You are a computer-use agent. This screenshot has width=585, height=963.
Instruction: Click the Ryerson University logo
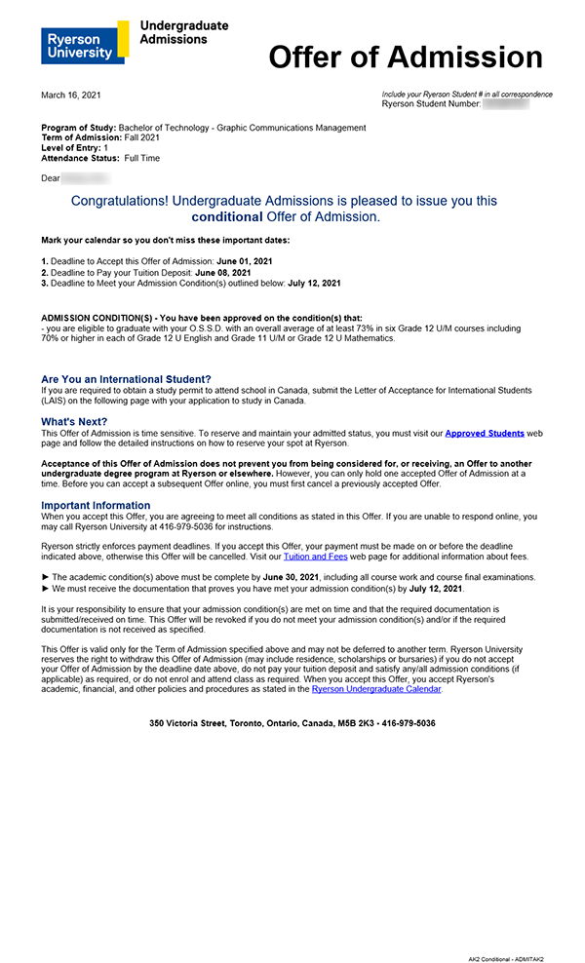[84, 42]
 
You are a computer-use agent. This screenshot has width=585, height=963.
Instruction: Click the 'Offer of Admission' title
[405, 58]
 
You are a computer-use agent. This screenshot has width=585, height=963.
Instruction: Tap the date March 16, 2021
[70, 96]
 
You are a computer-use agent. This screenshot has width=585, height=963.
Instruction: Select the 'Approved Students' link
[485, 433]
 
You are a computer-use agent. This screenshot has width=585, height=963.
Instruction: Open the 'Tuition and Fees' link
[315, 557]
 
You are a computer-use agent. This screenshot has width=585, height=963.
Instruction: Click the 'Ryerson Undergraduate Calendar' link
[376, 689]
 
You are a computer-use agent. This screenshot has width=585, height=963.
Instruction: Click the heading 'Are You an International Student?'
[126, 379]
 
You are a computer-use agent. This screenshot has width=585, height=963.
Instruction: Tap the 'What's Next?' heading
[75, 422]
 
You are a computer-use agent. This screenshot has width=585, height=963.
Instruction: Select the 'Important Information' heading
[96, 505]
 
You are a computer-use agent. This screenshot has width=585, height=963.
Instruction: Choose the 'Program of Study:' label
[78, 128]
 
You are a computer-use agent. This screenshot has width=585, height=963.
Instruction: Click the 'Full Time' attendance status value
[142, 158]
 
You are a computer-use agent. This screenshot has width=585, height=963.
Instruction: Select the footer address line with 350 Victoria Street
[292, 723]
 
